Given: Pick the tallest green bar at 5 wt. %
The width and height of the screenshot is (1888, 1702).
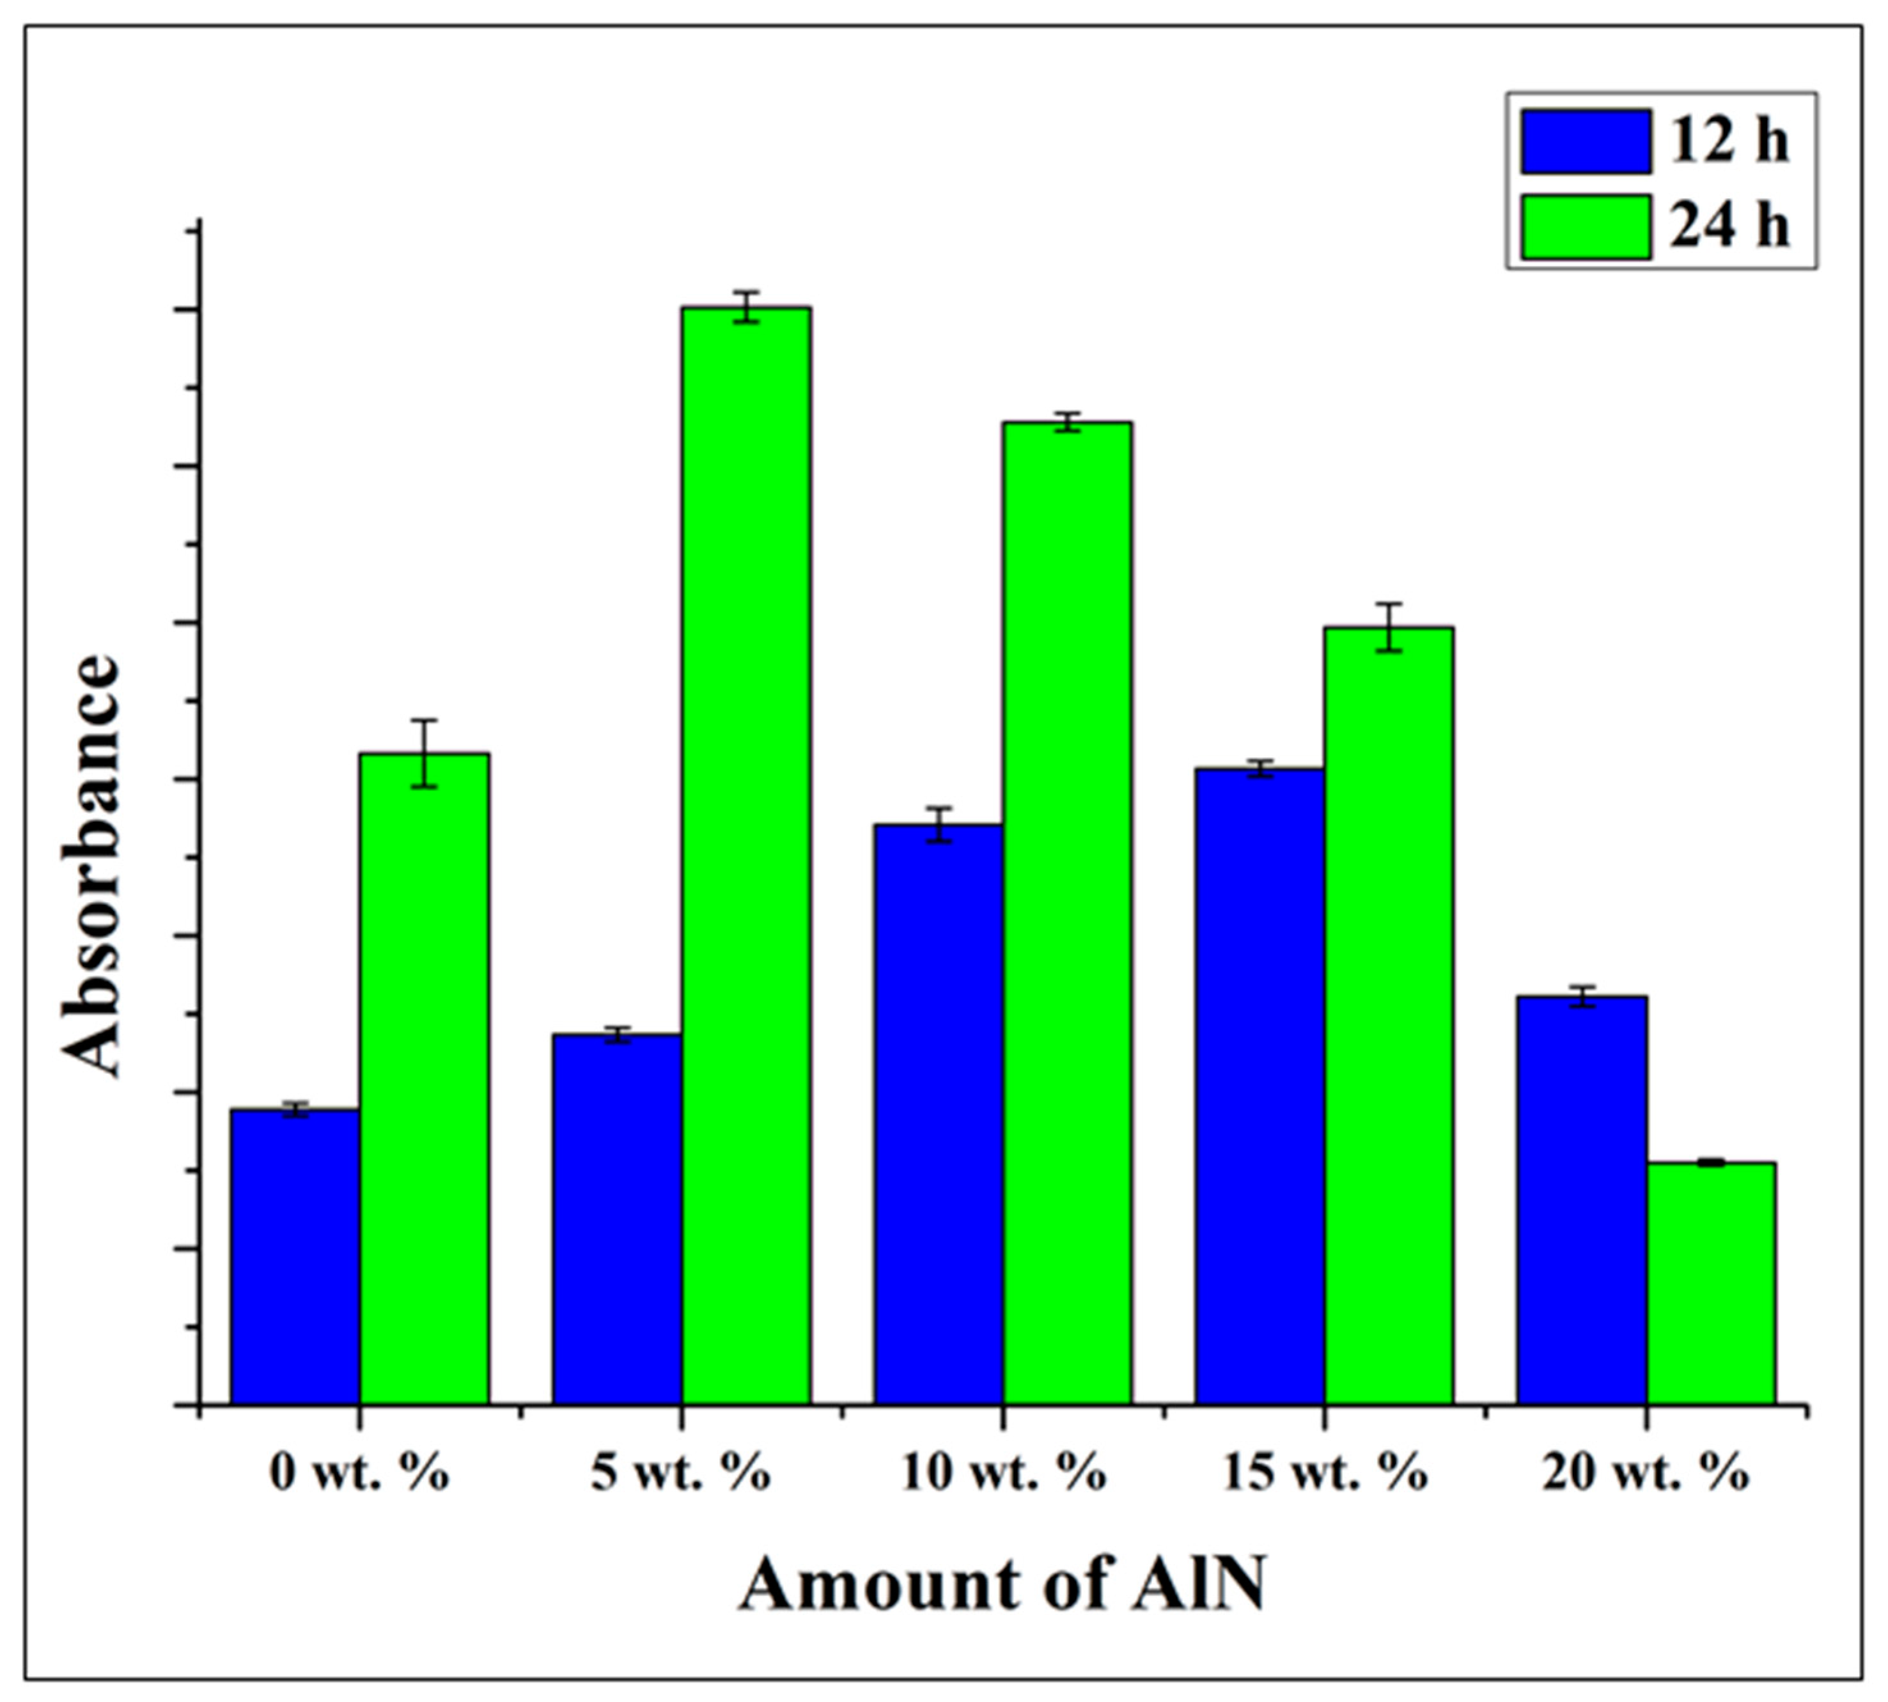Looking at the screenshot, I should click(746, 855).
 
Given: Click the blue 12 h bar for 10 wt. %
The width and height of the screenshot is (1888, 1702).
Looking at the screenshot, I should click(938, 1114).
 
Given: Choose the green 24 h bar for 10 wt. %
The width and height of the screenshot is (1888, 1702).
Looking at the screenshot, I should click(1067, 913).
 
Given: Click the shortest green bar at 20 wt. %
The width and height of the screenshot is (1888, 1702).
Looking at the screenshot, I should click(1712, 1283).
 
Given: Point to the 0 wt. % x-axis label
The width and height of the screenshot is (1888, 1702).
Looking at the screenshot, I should click(359, 1474).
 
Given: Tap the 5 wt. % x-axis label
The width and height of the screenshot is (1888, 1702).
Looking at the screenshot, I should click(681, 1474).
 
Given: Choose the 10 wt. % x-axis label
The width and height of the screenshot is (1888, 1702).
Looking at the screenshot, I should click(1003, 1474).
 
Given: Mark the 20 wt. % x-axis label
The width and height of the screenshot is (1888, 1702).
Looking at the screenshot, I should click(1646, 1474).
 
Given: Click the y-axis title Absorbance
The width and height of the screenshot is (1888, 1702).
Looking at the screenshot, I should click(91, 865).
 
